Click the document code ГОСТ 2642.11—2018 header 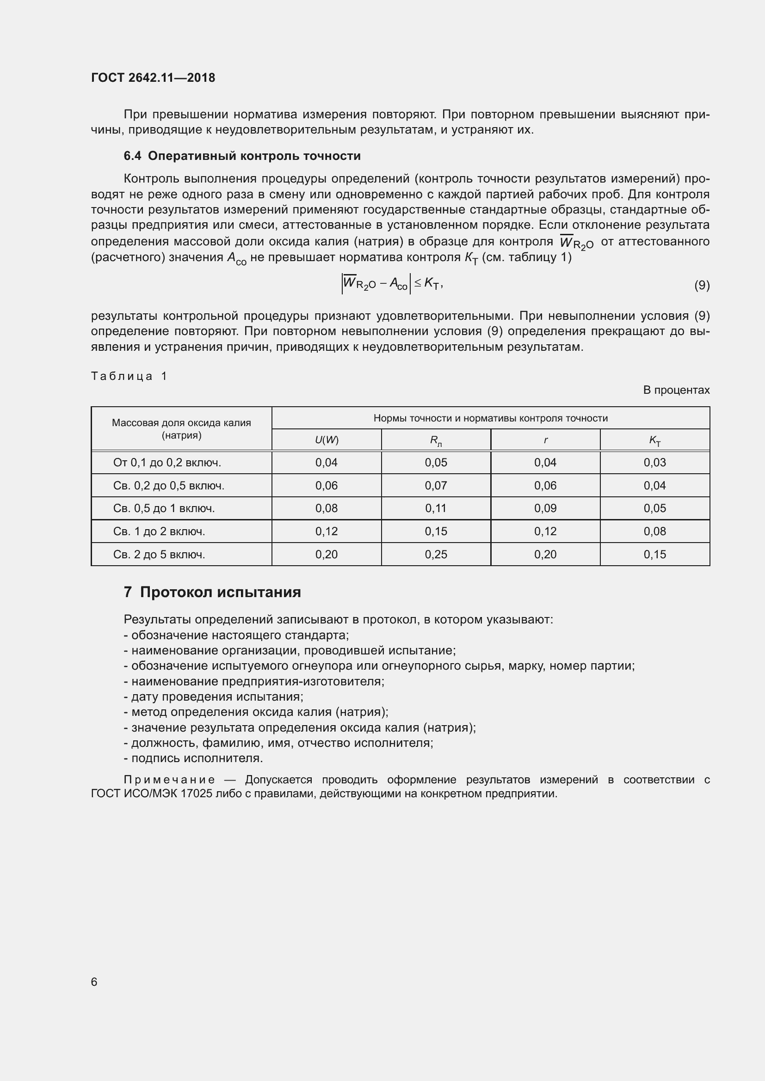[153, 78]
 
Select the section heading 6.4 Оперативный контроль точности [242, 156]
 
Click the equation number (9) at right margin [702, 285]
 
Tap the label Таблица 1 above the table [129, 376]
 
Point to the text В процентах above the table [676, 390]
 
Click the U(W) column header [327, 440]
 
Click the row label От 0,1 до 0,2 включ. [167, 462]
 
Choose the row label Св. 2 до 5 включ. [159, 554]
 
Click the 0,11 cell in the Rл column [436, 508]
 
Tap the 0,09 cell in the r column [545, 508]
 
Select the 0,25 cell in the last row [436, 554]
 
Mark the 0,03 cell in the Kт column [654, 462]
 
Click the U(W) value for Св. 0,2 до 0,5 [327, 485]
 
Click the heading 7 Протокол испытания [212, 592]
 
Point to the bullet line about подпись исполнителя [193, 758]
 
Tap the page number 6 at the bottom [94, 982]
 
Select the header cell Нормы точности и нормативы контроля [490, 418]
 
